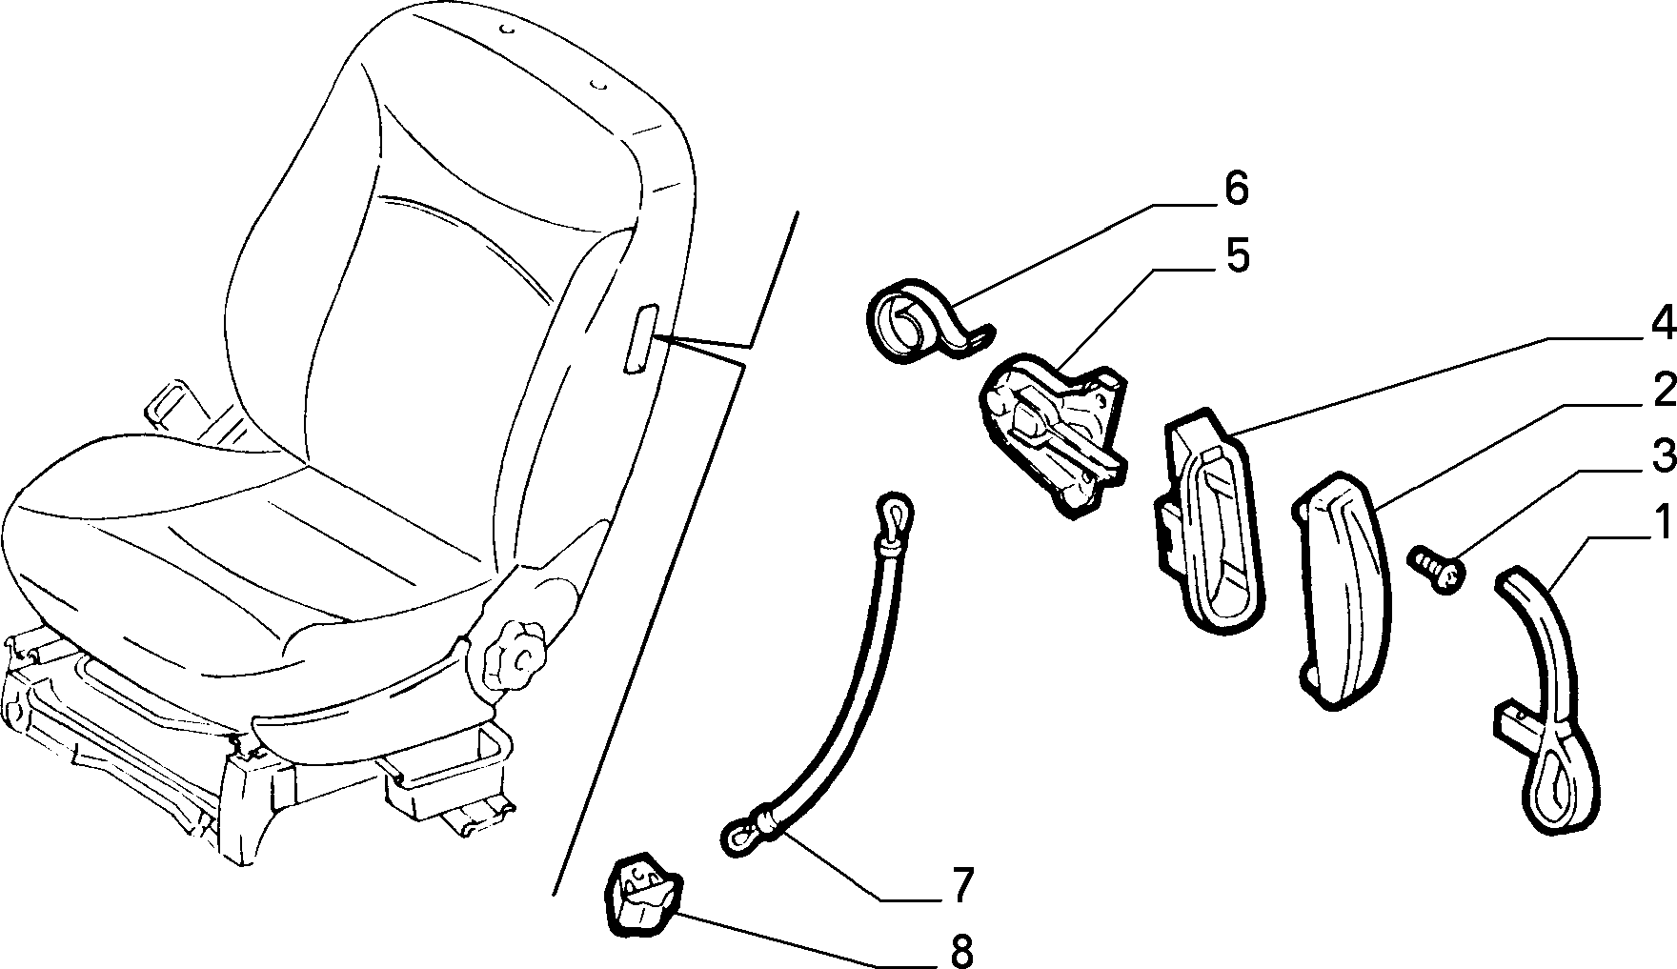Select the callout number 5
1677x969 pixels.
(x=1236, y=256)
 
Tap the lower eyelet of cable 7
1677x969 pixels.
(x=742, y=838)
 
